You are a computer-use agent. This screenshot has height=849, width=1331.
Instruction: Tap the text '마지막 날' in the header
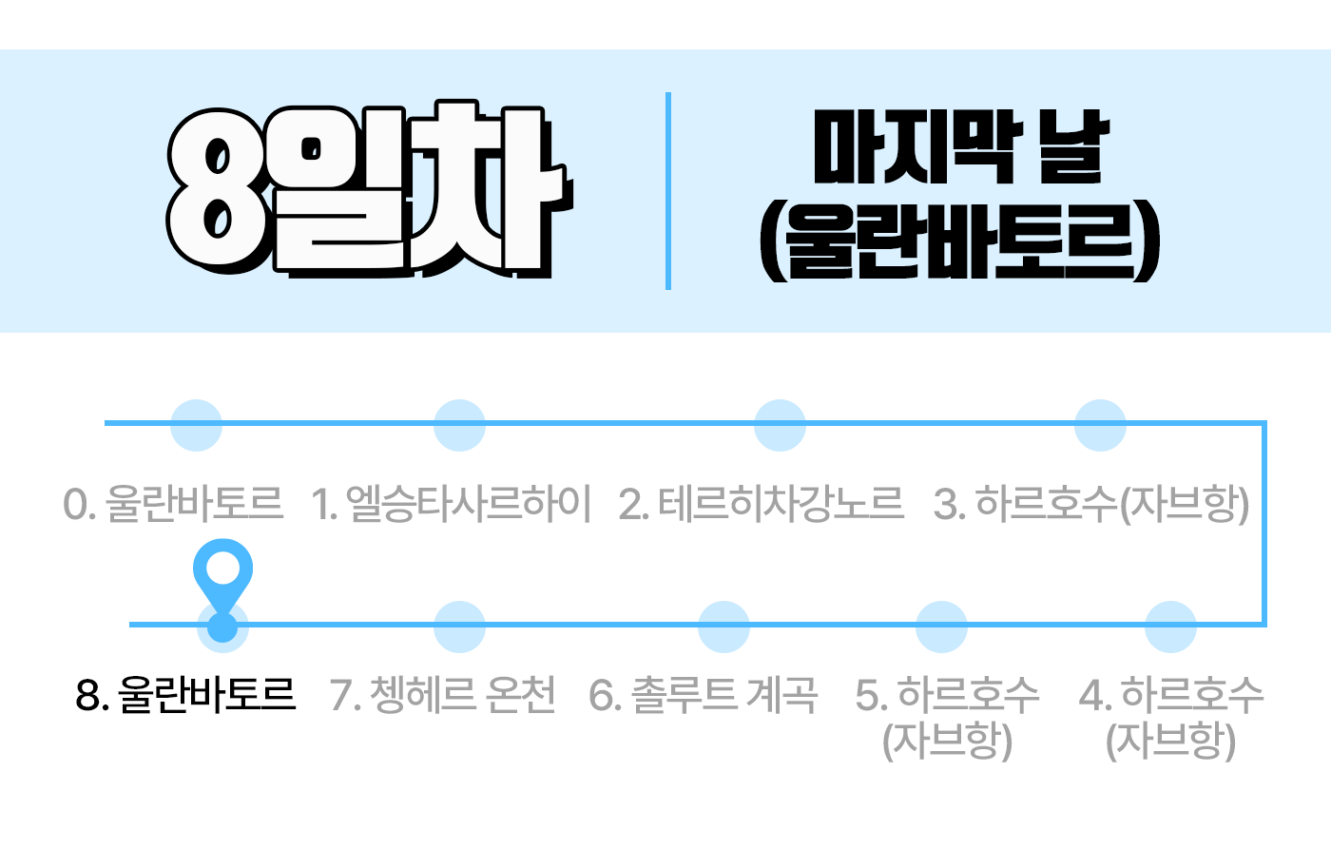tap(961, 148)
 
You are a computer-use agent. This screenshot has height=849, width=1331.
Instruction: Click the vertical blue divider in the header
tap(668, 190)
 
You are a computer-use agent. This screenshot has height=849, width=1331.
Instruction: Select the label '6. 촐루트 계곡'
tap(704, 695)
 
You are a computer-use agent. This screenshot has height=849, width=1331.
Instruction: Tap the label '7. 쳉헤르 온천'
tap(443, 695)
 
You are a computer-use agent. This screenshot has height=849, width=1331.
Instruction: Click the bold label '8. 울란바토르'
tap(186, 695)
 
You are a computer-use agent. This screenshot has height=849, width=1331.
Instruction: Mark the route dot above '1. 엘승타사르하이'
tap(459, 424)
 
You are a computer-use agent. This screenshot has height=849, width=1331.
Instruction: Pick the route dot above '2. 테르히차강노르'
tap(780, 424)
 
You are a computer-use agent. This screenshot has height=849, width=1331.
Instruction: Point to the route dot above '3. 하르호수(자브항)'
tap(1100, 424)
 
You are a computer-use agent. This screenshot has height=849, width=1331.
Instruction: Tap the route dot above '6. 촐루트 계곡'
tap(723, 627)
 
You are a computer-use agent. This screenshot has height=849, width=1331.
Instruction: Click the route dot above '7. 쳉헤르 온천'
tap(459, 627)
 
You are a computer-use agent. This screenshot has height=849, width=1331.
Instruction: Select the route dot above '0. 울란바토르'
tap(196, 424)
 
